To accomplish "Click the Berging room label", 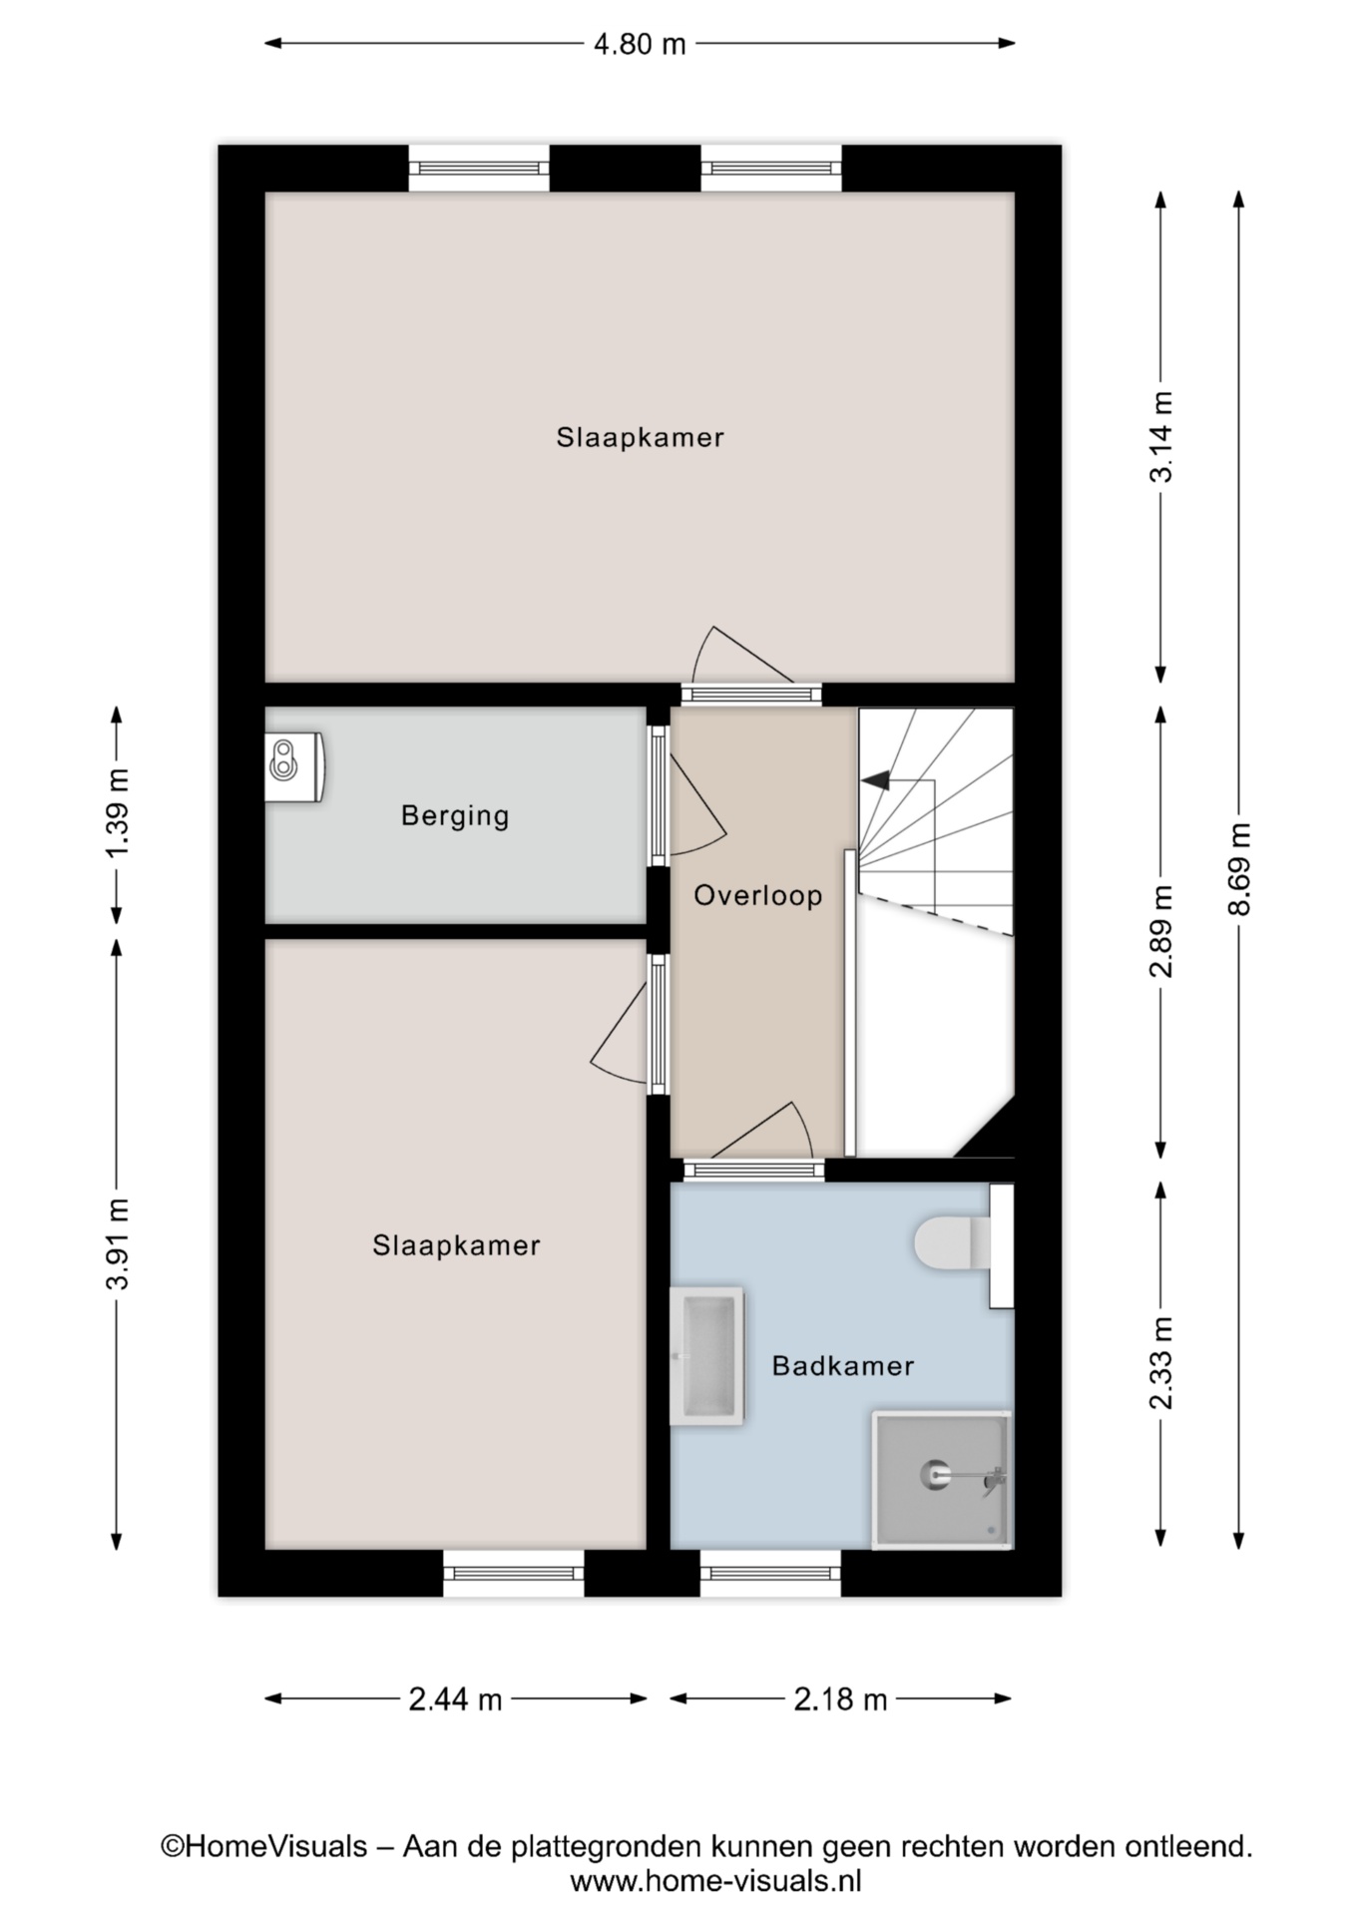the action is coord(455,816).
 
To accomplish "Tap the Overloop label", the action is coord(758,895).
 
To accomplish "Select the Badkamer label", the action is coord(843,1365).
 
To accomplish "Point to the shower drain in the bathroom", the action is coord(936,1474).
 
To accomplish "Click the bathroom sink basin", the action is coord(707,1356).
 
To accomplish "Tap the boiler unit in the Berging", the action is coord(294,766).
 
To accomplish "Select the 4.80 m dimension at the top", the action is coord(640,44).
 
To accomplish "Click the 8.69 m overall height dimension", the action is coord(1239,868).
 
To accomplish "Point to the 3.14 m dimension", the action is coord(1161,436).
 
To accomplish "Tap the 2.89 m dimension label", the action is coord(1161,931).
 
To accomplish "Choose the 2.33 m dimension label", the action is coord(1161,1362).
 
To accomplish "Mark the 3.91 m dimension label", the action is coord(118,1243).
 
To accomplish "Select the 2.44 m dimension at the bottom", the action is coord(455,1698).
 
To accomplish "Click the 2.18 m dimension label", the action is coord(840,1698).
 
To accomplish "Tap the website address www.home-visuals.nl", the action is coord(715,1881).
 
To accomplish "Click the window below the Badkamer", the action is coord(770,1574).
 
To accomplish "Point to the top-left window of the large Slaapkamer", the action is coord(479,168).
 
